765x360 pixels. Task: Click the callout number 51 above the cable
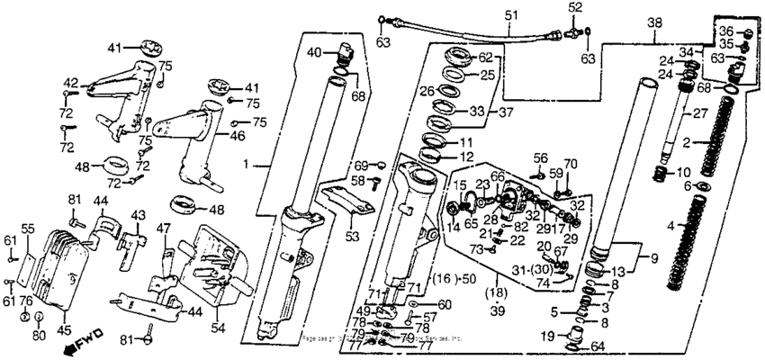(x=511, y=15)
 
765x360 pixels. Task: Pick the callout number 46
(x=237, y=136)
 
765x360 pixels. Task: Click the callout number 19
(x=546, y=337)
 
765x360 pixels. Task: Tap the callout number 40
(x=311, y=51)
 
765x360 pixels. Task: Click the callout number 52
(x=572, y=7)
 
